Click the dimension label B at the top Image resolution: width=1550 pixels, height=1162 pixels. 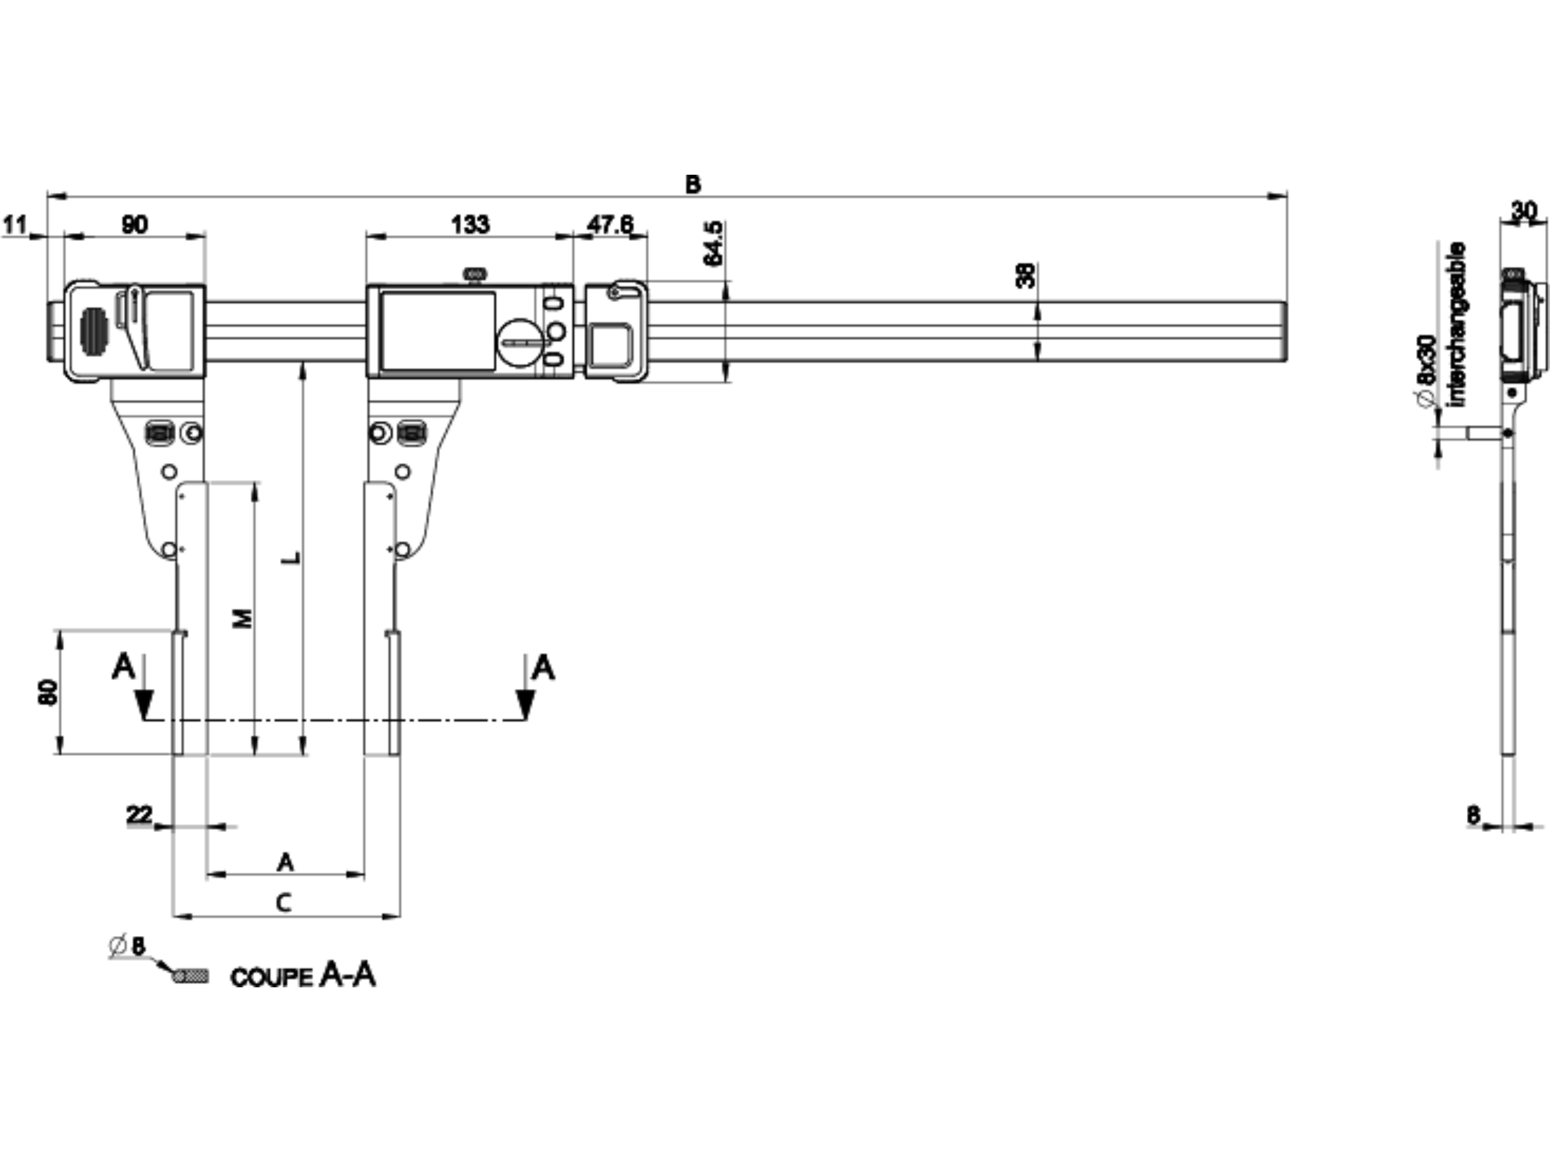[x=692, y=184]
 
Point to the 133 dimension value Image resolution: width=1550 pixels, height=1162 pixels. [x=470, y=225]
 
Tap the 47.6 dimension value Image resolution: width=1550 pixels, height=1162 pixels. [x=610, y=225]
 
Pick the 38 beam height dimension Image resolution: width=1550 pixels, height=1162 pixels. [x=1025, y=275]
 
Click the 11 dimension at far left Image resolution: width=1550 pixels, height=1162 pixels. [x=15, y=225]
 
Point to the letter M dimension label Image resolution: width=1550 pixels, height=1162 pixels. [x=242, y=618]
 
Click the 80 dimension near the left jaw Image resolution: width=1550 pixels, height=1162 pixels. [x=48, y=691]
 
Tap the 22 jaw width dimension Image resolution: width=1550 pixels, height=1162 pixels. [x=139, y=815]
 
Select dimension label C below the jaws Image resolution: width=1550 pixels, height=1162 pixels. [x=284, y=903]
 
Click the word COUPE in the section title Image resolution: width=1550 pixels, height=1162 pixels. [x=271, y=978]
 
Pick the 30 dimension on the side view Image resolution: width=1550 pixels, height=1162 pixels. [x=1523, y=210]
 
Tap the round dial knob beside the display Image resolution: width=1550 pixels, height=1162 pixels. [x=519, y=343]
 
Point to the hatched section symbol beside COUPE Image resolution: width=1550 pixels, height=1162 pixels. [x=191, y=975]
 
